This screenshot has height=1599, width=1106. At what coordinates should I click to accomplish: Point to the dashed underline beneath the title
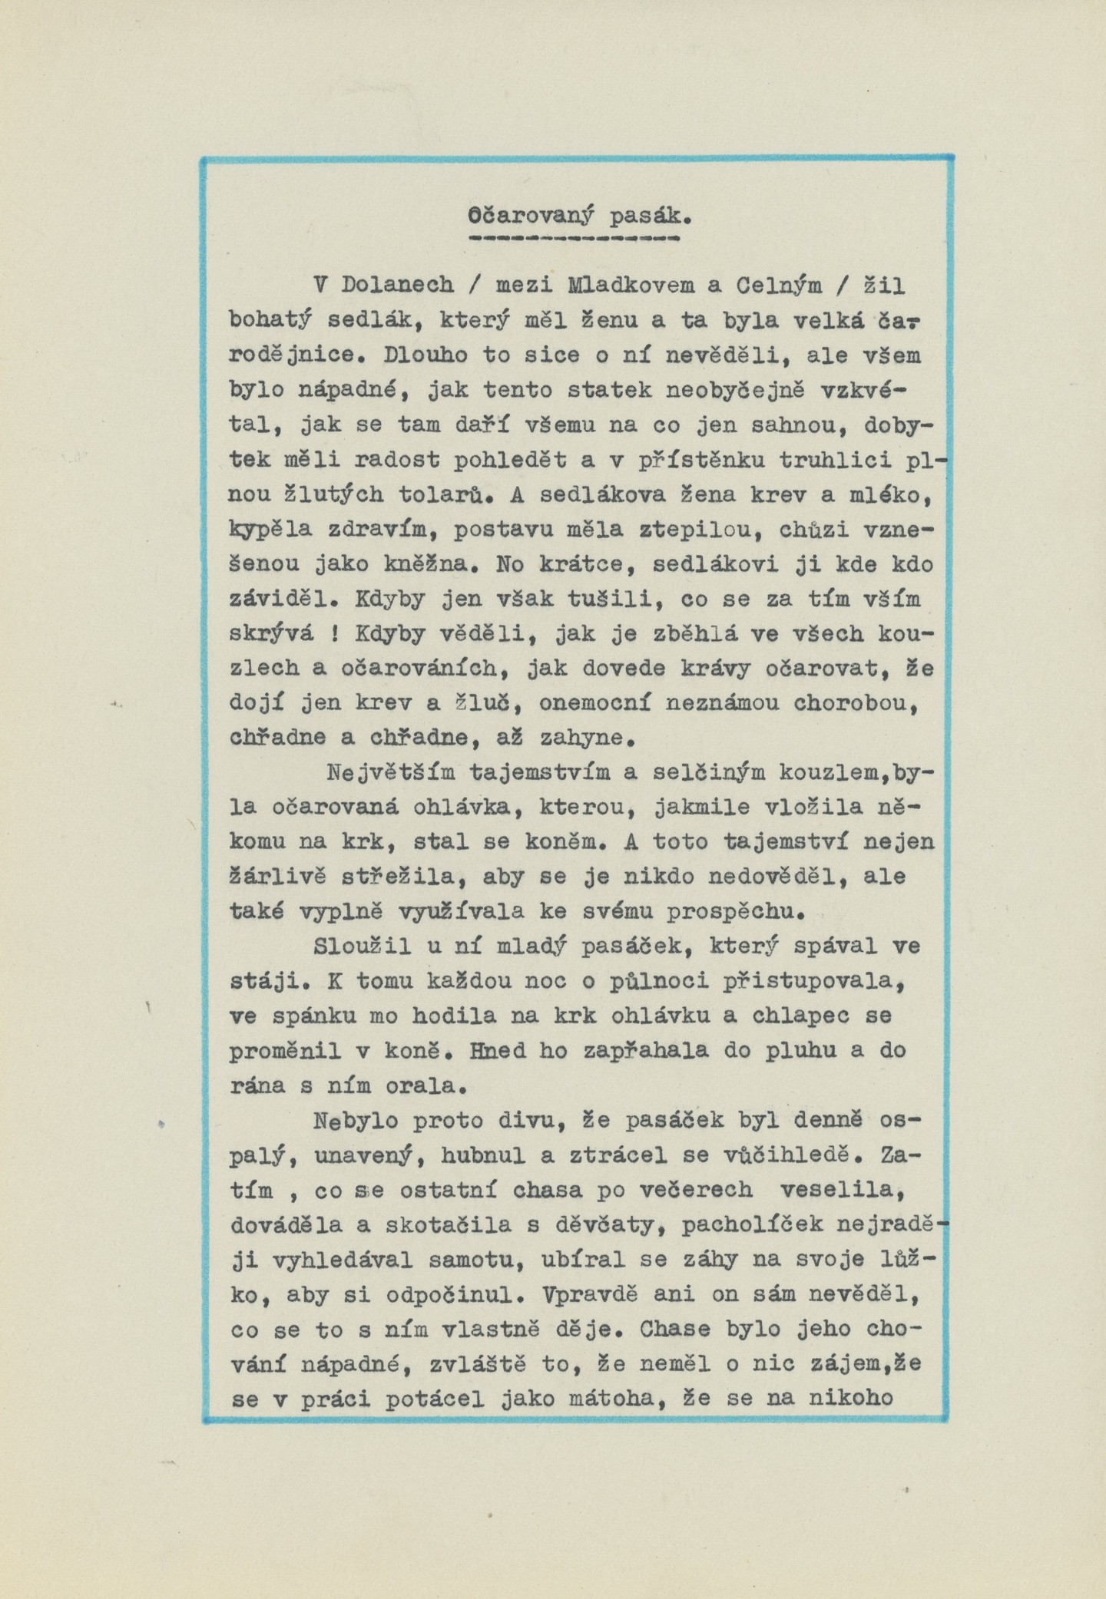[x=574, y=239]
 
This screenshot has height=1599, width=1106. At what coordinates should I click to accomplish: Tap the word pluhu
[x=797, y=1050]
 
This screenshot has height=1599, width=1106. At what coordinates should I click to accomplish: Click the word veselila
[x=838, y=1189]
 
